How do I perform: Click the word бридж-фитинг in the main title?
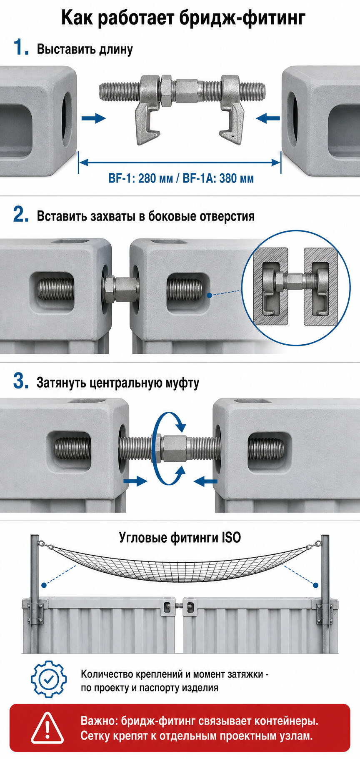(242, 18)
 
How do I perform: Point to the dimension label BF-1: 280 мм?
(140, 178)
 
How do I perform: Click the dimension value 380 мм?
(236, 178)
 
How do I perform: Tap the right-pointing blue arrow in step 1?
(93, 118)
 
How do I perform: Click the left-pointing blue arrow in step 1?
(268, 118)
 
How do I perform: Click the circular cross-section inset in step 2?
(296, 288)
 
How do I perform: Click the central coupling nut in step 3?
(174, 448)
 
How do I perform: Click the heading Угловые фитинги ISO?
(180, 537)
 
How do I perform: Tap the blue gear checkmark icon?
(49, 679)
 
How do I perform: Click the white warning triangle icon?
(47, 728)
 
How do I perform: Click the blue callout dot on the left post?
(44, 585)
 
